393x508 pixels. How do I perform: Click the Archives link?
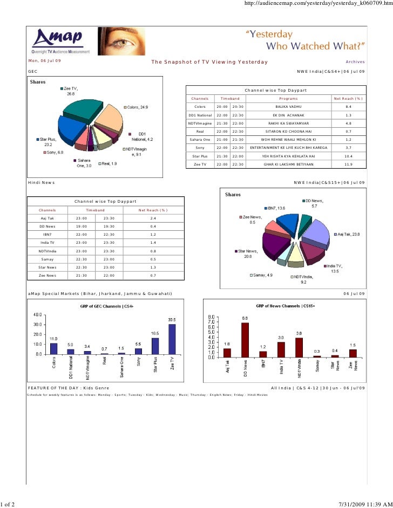tap(355, 62)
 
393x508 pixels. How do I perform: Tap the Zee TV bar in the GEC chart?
tap(172, 339)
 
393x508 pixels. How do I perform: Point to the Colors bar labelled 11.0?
tap(53, 348)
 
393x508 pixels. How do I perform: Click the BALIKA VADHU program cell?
tap(292, 107)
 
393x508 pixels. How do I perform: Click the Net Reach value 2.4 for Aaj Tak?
tap(153, 218)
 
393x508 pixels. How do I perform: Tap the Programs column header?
tap(292, 99)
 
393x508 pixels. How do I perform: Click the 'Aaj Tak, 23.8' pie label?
tap(350, 234)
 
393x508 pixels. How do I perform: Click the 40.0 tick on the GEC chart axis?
tap(39, 314)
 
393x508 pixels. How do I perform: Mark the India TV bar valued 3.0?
tap(281, 349)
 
